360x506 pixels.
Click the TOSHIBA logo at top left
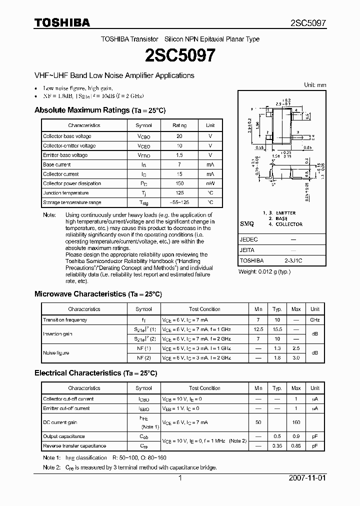(62, 22)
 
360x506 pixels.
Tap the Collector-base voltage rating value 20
(179, 136)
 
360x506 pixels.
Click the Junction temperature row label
(65, 193)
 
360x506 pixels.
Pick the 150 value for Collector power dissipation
(179, 183)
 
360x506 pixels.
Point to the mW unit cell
(210, 183)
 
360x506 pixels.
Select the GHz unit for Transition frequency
(315, 319)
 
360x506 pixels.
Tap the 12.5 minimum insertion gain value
(258, 329)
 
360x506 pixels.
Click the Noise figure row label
(56, 352)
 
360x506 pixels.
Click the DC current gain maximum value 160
(296, 422)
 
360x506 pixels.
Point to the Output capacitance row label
(64, 436)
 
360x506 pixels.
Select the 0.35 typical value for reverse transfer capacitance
(277, 445)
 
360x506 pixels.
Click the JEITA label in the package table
(247, 250)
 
